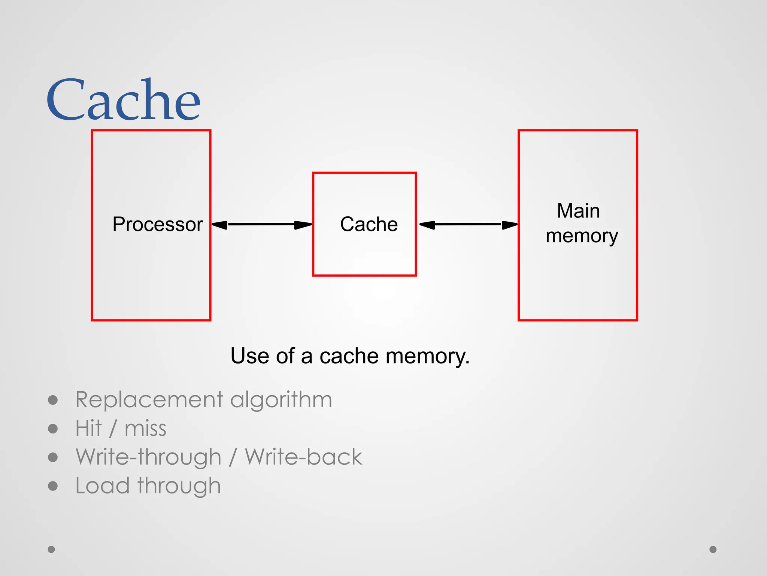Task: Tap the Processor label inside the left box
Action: click(x=158, y=224)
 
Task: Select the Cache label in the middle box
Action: click(x=369, y=224)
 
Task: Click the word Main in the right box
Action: click(x=578, y=211)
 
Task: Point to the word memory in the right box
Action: click(x=582, y=236)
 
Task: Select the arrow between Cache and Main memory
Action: click(x=468, y=225)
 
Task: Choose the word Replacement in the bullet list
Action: click(x=149, y=399)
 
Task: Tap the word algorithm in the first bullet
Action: click(x=281, y=400)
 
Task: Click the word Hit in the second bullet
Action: click(x=88, y=428)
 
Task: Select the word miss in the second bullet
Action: click(x=145, y=429)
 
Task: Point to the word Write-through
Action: click(x=148, y=457)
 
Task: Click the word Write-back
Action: click(x=303, y=457)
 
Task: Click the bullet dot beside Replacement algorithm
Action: click(x=53, y=400)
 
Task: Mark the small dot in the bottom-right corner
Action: click(x=713, y=549)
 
